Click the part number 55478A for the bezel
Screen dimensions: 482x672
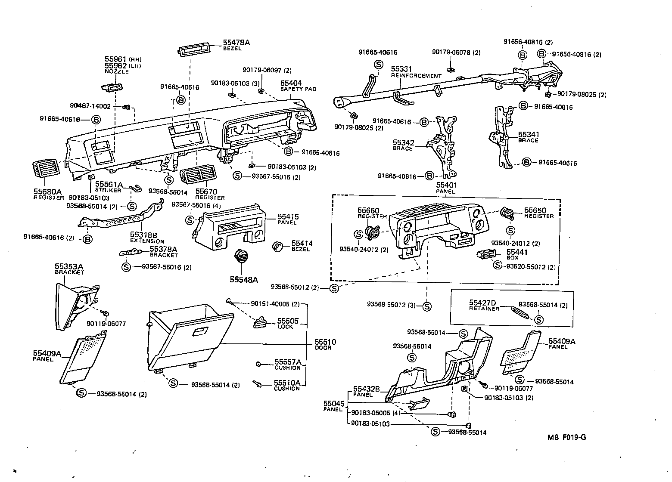tap(236, 43)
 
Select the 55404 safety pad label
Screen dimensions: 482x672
tap(291, 83)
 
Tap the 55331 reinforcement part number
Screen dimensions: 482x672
tap(401, 69)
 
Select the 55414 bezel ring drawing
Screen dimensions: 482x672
tap(279, 247)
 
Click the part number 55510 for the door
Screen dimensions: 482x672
tap(325, 342)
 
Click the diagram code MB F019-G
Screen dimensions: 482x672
tap(566, 438)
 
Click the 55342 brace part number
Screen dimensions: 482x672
tap(402, 142)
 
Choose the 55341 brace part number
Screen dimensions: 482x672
tap(528, 135)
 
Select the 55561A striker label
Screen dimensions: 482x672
tap(109, 184)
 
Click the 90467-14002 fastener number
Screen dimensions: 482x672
tap(90, 106)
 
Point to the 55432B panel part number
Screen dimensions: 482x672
tap(366, 389)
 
